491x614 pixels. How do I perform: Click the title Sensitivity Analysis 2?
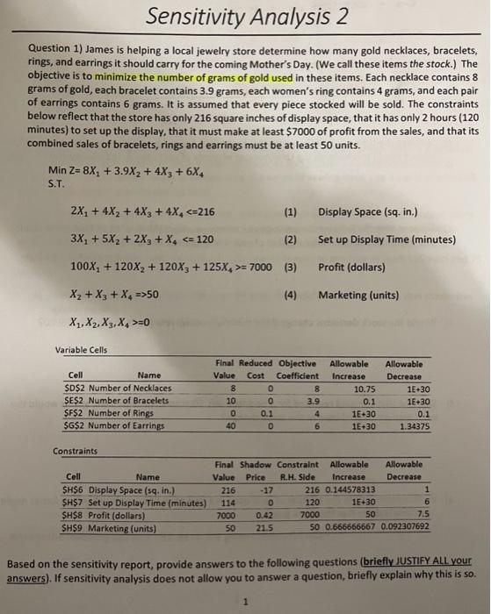coord(246,17)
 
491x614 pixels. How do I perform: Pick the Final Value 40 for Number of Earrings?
coord(230,426)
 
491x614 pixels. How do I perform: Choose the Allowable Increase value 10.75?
coord(363,389)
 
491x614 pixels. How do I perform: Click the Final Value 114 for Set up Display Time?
coord(227,503)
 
